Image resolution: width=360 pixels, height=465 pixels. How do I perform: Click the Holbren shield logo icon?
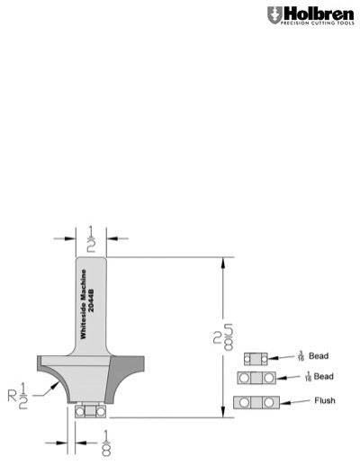(274, 15)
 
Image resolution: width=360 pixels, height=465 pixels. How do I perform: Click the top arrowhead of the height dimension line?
(221, 263)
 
